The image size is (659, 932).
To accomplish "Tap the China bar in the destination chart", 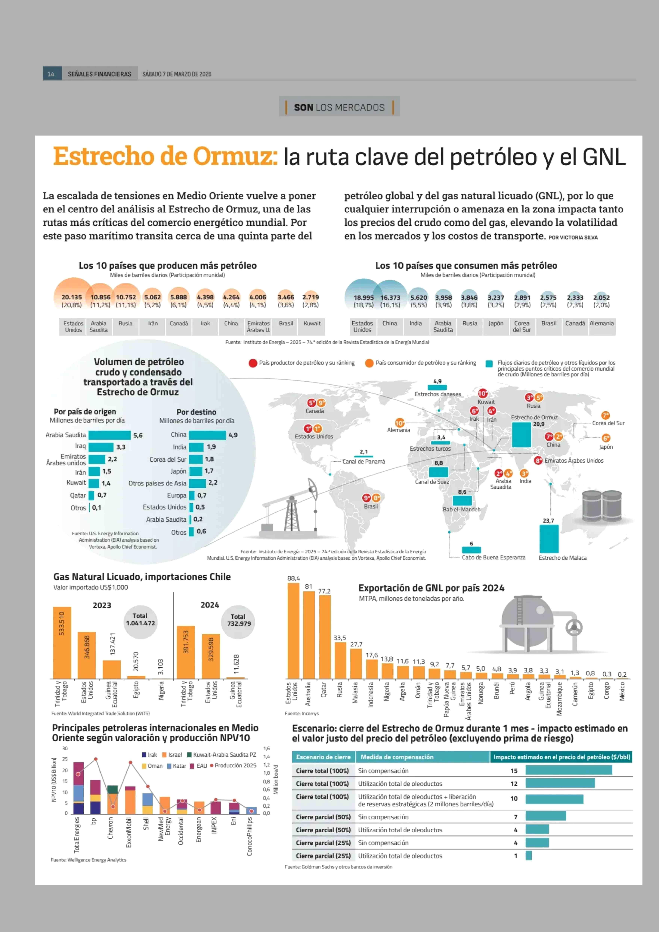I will pyautogui.click(x=207, y=435).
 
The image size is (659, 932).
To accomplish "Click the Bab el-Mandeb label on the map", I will pyautogui.click(x=461, y=509).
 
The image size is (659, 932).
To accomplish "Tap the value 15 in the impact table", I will pyautogui.click(x=514, y=771).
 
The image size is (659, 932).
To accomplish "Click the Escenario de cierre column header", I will pyautogui.click(x=323, y=757).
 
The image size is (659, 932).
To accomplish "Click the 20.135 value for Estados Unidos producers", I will pyautogui.click(x=71, y=297).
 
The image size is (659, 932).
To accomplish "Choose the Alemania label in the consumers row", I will pyautogui.click(x=601, y=323).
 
